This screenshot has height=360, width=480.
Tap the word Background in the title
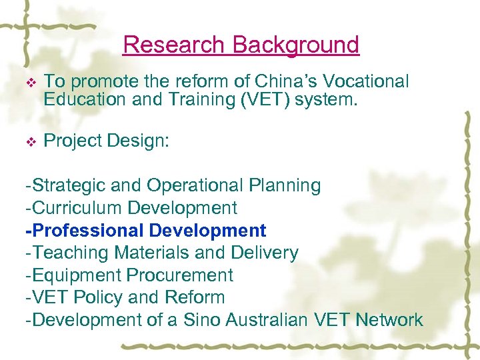(x=296, y=45)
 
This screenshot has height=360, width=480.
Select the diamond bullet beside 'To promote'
(x=29, y=83)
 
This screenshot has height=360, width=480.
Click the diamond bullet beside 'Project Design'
(x=29, y=141)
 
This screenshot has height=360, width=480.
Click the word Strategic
(x=69, y=185)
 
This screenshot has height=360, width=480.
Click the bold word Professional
(x=87, y=231)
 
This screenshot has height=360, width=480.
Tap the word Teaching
(x=71, y=253)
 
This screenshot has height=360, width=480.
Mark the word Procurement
(x=180, y=275)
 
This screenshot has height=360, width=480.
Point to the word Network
(x=389, y=320)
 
